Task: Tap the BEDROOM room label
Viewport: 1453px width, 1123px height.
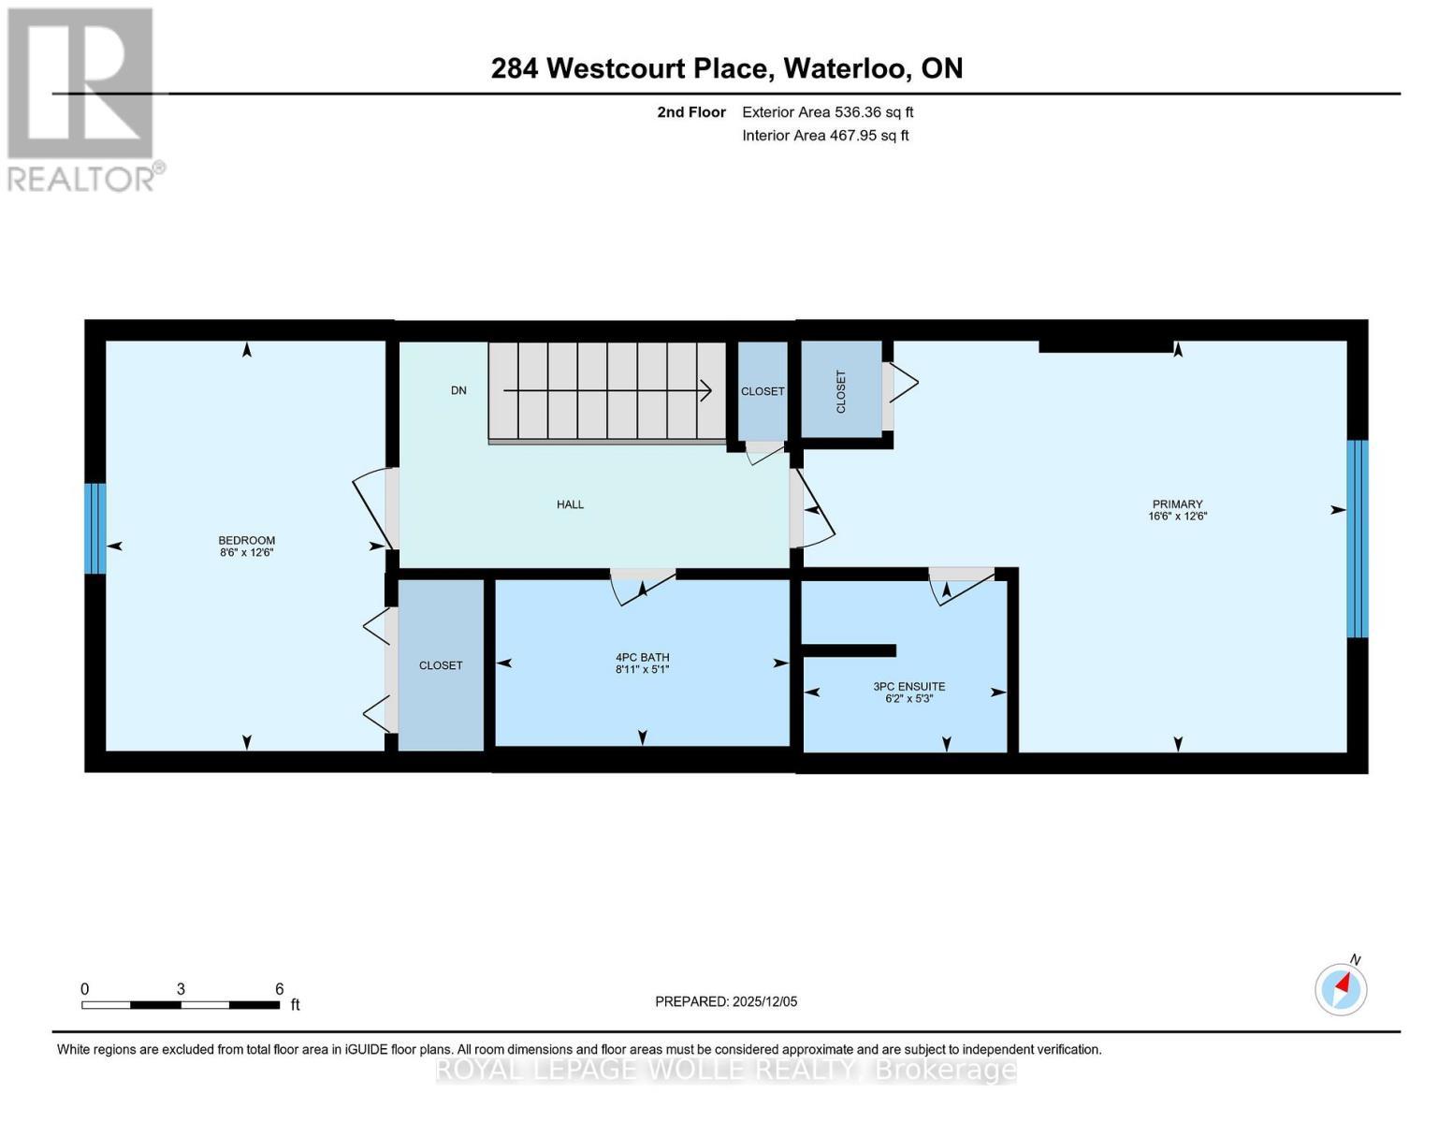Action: pos(246,541)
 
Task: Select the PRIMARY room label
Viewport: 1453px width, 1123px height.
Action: pos(1177,504)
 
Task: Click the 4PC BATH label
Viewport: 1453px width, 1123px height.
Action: pos(642,657)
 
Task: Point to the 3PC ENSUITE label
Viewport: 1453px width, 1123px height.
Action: pos(908,686)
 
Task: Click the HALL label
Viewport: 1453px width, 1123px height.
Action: pos(570,504)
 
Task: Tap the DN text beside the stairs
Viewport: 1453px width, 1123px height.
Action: pos(458,390)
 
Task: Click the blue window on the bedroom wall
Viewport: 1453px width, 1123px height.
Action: pos(94,528)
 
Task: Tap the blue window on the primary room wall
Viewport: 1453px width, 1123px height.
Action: pos(1357,538)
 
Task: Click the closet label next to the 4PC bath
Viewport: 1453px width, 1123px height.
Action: pos(441,665)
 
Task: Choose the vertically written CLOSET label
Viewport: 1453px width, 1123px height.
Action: pos(840,391)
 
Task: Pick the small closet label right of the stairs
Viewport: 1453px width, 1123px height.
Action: pos(763,391)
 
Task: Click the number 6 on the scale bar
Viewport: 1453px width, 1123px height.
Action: pos(279,988)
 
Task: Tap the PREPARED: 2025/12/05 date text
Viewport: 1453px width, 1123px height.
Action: pos(726,1001)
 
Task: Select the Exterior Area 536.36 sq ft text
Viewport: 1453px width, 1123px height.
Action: pos(827,112)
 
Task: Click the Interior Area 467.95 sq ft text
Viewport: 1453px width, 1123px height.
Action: pos(825,136)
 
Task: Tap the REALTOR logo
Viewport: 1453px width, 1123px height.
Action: pos(82,99)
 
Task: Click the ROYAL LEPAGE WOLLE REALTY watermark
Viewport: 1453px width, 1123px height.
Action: pos(726,1069)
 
